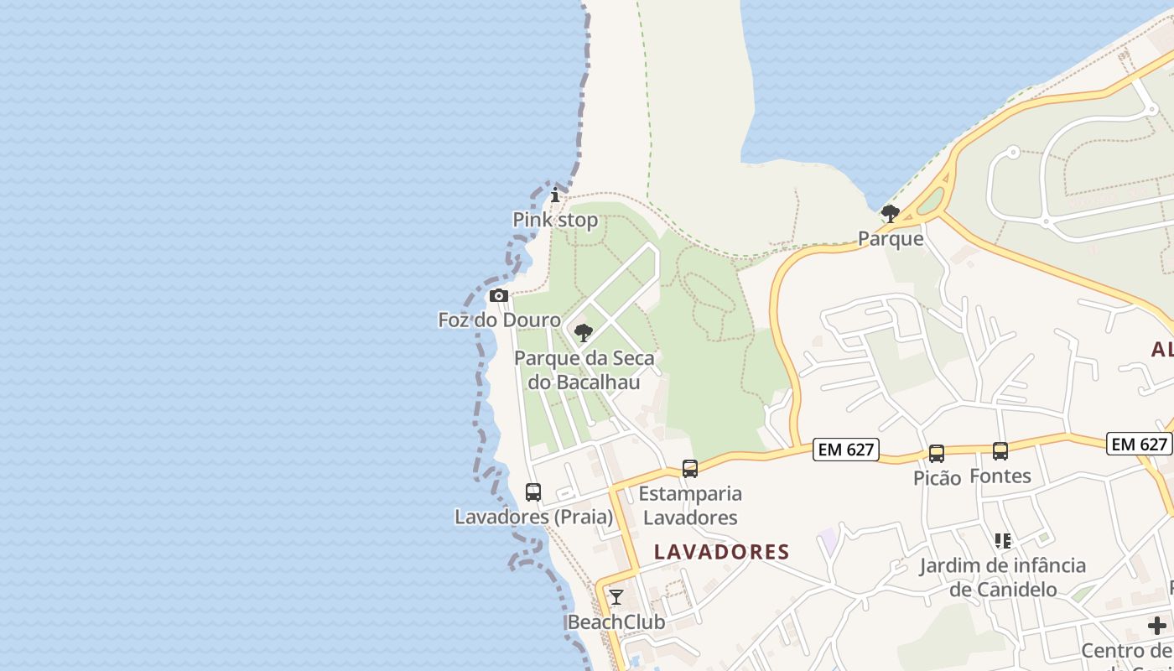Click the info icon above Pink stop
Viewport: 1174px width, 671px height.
click(555, 195)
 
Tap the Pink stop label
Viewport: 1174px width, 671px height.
click(555, 220)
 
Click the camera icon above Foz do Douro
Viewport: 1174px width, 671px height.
click(499, 295)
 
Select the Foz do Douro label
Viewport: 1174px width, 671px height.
click(500, 320)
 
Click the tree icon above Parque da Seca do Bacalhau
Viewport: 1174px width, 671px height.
click(584, 333)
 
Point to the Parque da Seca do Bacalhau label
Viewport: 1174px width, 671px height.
click(584, 370)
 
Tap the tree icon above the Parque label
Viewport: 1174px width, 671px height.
click(891, 214)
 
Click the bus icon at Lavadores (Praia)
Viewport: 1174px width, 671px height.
click(533, 492)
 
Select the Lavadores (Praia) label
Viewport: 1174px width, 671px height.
click(533, 517)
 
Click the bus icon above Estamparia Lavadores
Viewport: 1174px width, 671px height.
click(690, 469)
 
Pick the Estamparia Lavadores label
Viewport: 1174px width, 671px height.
click(690, 505)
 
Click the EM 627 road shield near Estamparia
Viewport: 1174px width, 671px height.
click(846, 450)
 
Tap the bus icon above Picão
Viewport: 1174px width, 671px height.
click(937, 454)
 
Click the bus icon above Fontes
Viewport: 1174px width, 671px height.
click(1000, 451)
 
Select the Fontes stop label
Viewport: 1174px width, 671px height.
click(1000, 476)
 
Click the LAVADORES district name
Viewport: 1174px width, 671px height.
click(722, 552)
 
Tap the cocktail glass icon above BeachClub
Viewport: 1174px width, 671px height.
click(616, 597)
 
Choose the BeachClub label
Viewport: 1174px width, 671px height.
click(616, 622)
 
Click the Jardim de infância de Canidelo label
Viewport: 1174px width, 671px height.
click(1003, 577)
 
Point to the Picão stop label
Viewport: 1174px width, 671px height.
click(937, 478)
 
